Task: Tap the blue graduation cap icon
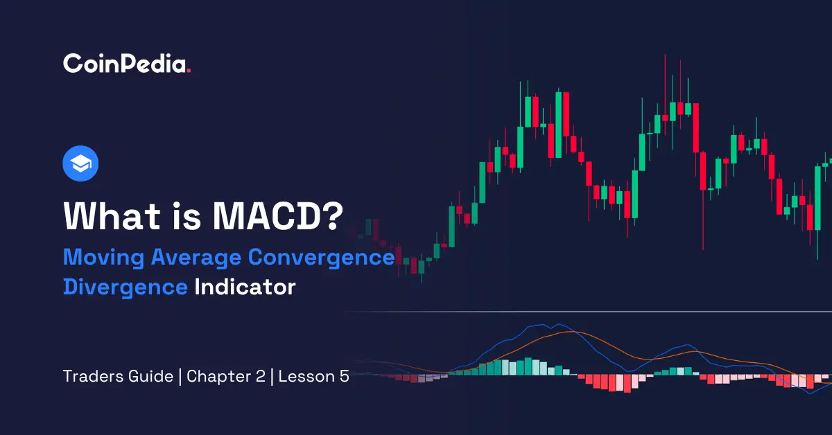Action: [80, 164]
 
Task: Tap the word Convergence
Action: [321, 258]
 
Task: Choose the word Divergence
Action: [125, 287]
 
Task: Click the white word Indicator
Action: [245, 287]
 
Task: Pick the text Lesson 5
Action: [314, 378]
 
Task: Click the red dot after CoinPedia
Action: [189, 71]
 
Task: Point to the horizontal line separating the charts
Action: [589, 312]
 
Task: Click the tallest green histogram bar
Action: [528, 366]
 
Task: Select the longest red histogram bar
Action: [627, 384]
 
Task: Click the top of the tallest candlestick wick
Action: [664, 55]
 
